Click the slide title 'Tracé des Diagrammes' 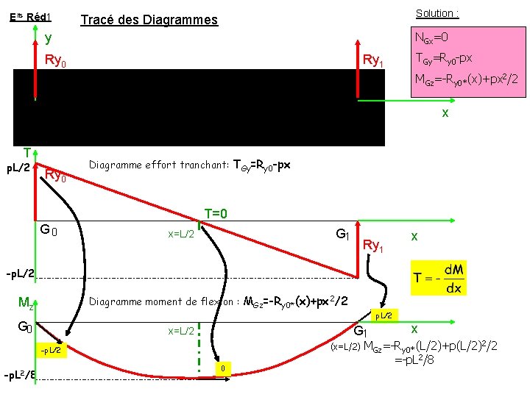(x=148, y=20)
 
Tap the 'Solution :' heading (x=437, y=13)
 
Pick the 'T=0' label (x=215, y=214)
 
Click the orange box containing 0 (x=222, y=367)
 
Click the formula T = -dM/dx (x=439, y=279)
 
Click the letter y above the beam (x=48, y=38)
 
